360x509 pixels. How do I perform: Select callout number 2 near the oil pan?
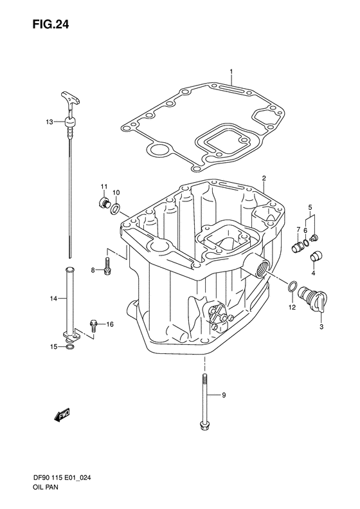[x=264, y=160]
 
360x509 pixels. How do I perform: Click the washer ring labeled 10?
[x=114, y=207]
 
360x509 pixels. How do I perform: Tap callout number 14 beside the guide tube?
[x=54, y=298]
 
